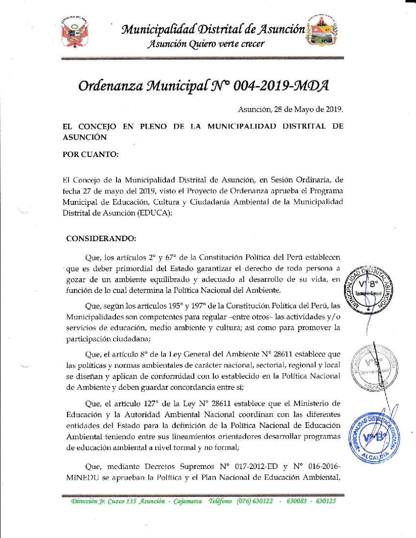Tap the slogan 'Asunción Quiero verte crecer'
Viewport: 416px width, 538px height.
point(206,44)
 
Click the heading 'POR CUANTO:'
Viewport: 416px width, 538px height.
point(91,155)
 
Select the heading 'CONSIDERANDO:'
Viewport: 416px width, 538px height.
point(100,239)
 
